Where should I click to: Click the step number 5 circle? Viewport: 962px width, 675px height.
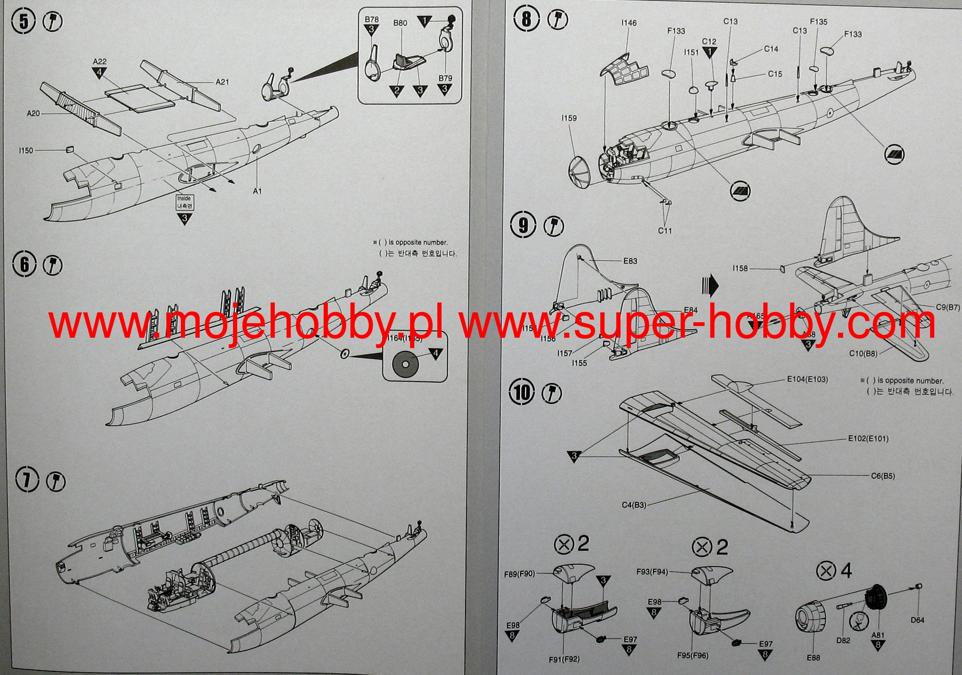coord(23,22)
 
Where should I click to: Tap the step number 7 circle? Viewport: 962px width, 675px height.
coord(27,481)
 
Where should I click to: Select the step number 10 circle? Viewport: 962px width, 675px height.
coord(522,392)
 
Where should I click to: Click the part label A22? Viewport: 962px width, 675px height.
coord(100,62)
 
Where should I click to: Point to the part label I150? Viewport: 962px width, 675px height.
coord(26,151)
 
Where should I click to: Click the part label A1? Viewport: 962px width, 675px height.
coord(257,191)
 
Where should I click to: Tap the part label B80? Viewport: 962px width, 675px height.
coord(400,23)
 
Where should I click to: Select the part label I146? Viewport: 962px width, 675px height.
coord(629,23)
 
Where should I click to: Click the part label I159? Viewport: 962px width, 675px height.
coord(569,118)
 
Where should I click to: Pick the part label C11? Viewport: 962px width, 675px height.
coord(665,231)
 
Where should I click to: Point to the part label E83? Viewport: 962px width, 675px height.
coord(630,261)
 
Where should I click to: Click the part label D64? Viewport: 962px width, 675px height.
coord(917,620)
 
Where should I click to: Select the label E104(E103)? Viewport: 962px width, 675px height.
coord(807,380)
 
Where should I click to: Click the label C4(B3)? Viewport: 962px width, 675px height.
coord(634,505)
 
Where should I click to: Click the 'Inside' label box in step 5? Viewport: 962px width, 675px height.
coord(184,202)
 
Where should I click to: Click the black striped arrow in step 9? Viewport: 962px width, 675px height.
coord(710,285)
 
